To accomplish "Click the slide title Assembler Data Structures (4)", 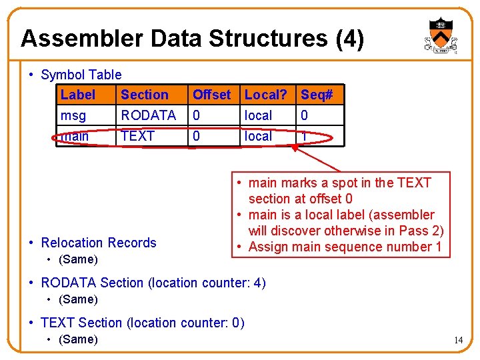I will coord(192,39).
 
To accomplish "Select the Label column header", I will coord(78,95).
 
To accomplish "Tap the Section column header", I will coord(144,95).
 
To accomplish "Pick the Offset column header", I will coord(211,95).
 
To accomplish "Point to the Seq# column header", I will coord(317,95).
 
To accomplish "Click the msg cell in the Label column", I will coord(74,115).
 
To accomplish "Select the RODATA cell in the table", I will coord(148,115).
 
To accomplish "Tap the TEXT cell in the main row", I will coord(137,136).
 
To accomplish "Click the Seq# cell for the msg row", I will coord(305,115).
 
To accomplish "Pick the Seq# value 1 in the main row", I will coord(305,136).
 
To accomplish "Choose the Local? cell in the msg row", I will coord(258,115).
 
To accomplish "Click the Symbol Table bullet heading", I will coord(81,75).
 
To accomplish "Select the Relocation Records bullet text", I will coord(98,243).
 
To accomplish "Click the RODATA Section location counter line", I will coord(153,283).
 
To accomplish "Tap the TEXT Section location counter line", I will coord(142,323).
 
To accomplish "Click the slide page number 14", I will coord(458,340).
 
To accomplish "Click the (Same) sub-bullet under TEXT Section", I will coord(78,339).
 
